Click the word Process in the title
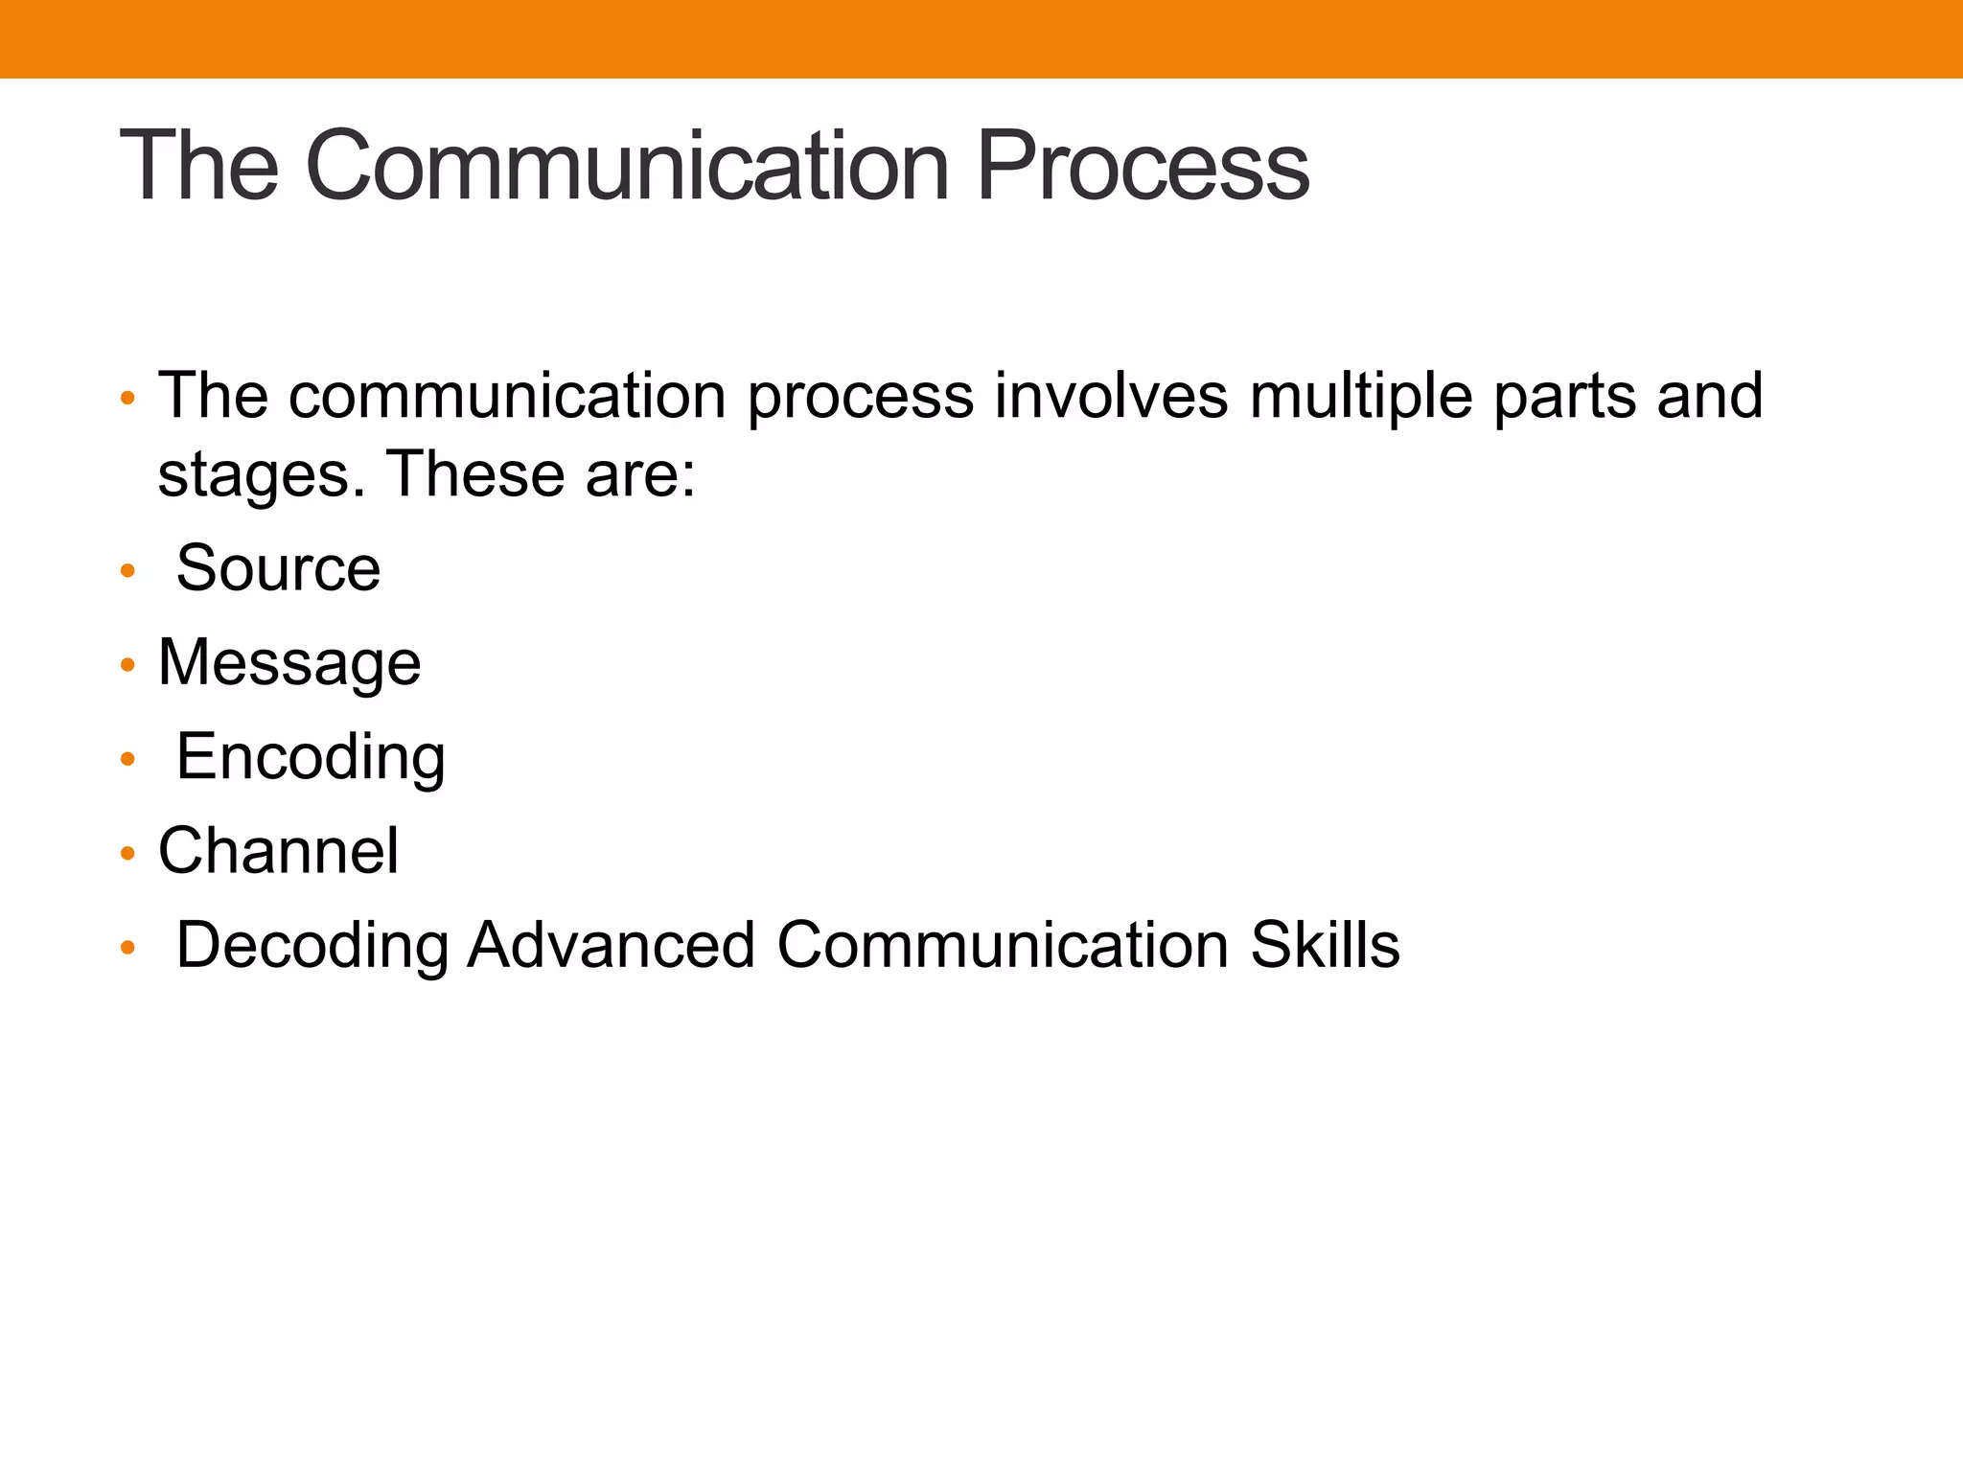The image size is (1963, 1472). [x=1143, y=167]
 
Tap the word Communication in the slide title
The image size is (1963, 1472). [x=627, y=167]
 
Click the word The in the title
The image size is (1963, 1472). [x=198, y=167]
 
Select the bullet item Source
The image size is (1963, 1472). [x=278, y=568]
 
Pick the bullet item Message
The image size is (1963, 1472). [x=289, y=662]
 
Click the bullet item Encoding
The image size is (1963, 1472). [x=311, y=757]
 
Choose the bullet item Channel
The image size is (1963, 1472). [x=278, y=851]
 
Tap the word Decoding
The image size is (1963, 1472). [x=312, y=945]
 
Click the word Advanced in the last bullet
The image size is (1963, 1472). [x=612, y=945]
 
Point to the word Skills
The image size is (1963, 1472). [x=1325, y=945]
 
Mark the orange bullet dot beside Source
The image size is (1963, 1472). [x=127, y=572]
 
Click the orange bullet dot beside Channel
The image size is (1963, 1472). [x=127, y=854]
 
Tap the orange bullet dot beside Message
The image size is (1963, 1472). [x=127, y=665]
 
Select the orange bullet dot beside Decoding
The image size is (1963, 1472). [x=127, y=949]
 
